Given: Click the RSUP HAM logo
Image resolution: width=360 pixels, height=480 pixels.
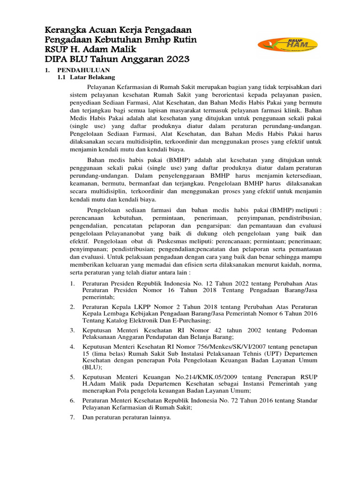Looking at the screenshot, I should point(287,45).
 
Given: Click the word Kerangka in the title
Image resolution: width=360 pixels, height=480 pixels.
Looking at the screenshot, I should point(63,30).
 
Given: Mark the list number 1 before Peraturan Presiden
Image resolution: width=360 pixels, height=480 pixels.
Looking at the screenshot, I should point(72,283).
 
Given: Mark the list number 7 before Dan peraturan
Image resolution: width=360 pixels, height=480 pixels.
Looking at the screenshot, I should point(72,417).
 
